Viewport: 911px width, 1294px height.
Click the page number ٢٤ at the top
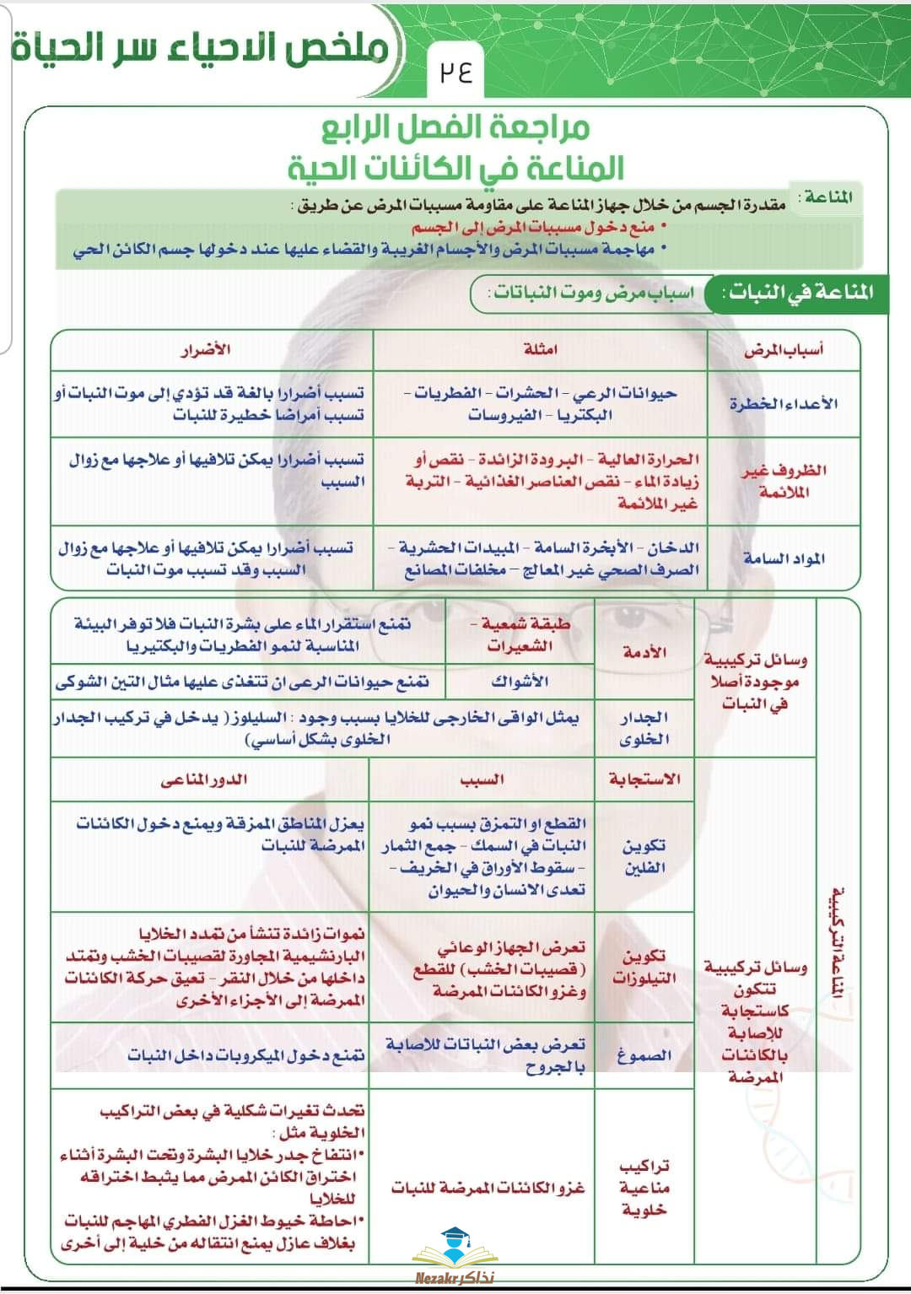(x=455, y=72)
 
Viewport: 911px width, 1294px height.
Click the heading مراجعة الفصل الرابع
(x=455, y=127)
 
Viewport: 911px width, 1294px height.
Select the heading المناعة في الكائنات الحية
(x=455, y=168)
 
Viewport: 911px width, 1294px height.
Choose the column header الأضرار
(x=206, y=349)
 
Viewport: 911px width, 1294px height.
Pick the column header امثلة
(x=540, y=349)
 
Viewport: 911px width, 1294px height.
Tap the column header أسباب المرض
(x=783, y=349)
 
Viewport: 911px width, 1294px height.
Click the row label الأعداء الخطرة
(x=783, y=403)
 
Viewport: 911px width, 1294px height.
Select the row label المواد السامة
(x=784, y=558)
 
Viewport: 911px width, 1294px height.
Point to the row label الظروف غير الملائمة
(x=784, y=481)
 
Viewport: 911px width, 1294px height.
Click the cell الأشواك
(x=520, y=681)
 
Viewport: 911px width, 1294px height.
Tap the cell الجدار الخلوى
(x=644, y=728)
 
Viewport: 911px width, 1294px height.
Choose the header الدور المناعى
(x=204, y=779)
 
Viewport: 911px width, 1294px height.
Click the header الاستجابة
(x=644, y=779)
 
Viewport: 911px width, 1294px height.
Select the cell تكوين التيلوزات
(x=644, y=967)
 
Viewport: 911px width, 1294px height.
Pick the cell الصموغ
(x=644, y=1055)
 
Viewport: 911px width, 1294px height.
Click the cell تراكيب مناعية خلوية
(x=644, y=1188)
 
